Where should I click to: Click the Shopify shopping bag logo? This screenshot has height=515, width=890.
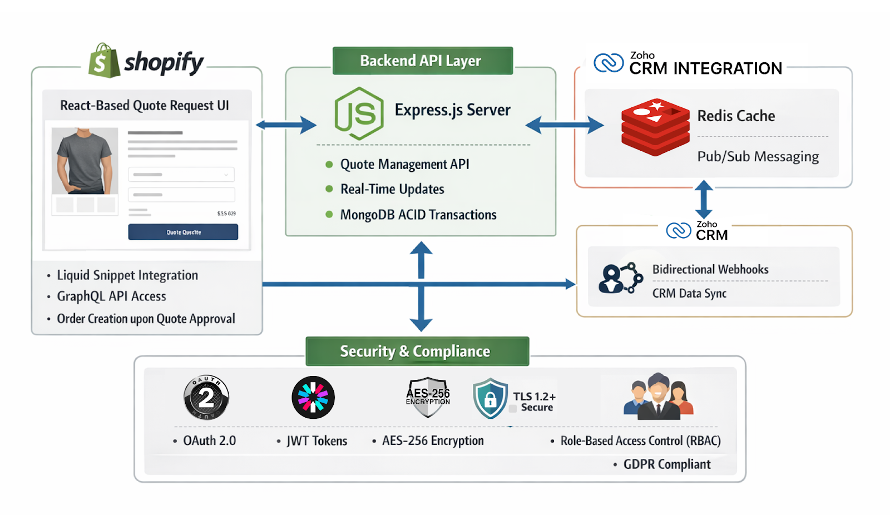104,61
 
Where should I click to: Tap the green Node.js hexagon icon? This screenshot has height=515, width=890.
359,113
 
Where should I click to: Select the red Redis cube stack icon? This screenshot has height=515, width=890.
655,127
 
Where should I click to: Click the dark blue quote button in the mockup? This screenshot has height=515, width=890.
183,232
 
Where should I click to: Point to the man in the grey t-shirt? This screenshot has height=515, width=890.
85,161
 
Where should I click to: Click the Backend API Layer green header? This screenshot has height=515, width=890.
422,61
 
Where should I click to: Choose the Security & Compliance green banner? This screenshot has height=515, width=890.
417,351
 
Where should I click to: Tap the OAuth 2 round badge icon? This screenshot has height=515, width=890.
206,397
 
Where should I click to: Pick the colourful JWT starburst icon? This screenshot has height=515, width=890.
313,397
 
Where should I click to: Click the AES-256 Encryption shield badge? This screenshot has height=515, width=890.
428,397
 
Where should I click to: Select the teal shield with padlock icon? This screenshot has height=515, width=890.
490,398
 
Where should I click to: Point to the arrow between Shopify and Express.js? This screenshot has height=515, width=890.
286,125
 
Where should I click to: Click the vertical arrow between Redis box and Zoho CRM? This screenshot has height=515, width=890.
704,199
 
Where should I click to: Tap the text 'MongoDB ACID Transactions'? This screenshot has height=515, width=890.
418,215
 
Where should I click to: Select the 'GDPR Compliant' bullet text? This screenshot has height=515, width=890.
666,464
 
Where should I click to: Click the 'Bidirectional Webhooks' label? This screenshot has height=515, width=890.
710,269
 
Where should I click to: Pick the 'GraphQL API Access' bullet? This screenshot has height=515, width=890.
111,296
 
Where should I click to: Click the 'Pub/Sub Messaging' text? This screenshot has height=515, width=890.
758,156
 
